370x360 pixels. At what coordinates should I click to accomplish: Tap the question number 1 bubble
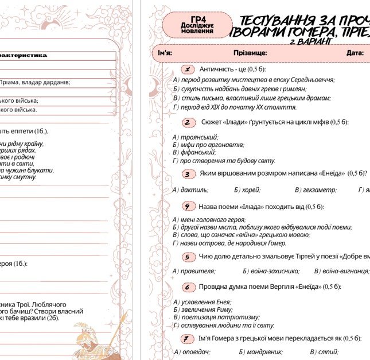(186, 69)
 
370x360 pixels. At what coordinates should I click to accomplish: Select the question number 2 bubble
(189, 122)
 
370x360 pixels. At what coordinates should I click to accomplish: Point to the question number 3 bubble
(187, 173)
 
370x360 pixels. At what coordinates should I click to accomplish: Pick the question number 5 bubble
(188, 257)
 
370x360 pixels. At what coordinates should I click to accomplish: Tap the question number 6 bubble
(188, 287)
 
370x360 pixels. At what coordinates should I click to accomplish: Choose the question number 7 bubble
(187, 338)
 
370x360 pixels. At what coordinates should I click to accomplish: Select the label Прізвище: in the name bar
(250, 53)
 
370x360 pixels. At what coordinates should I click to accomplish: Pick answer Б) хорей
(247, 189)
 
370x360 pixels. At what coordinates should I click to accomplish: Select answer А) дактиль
(190, 189)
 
